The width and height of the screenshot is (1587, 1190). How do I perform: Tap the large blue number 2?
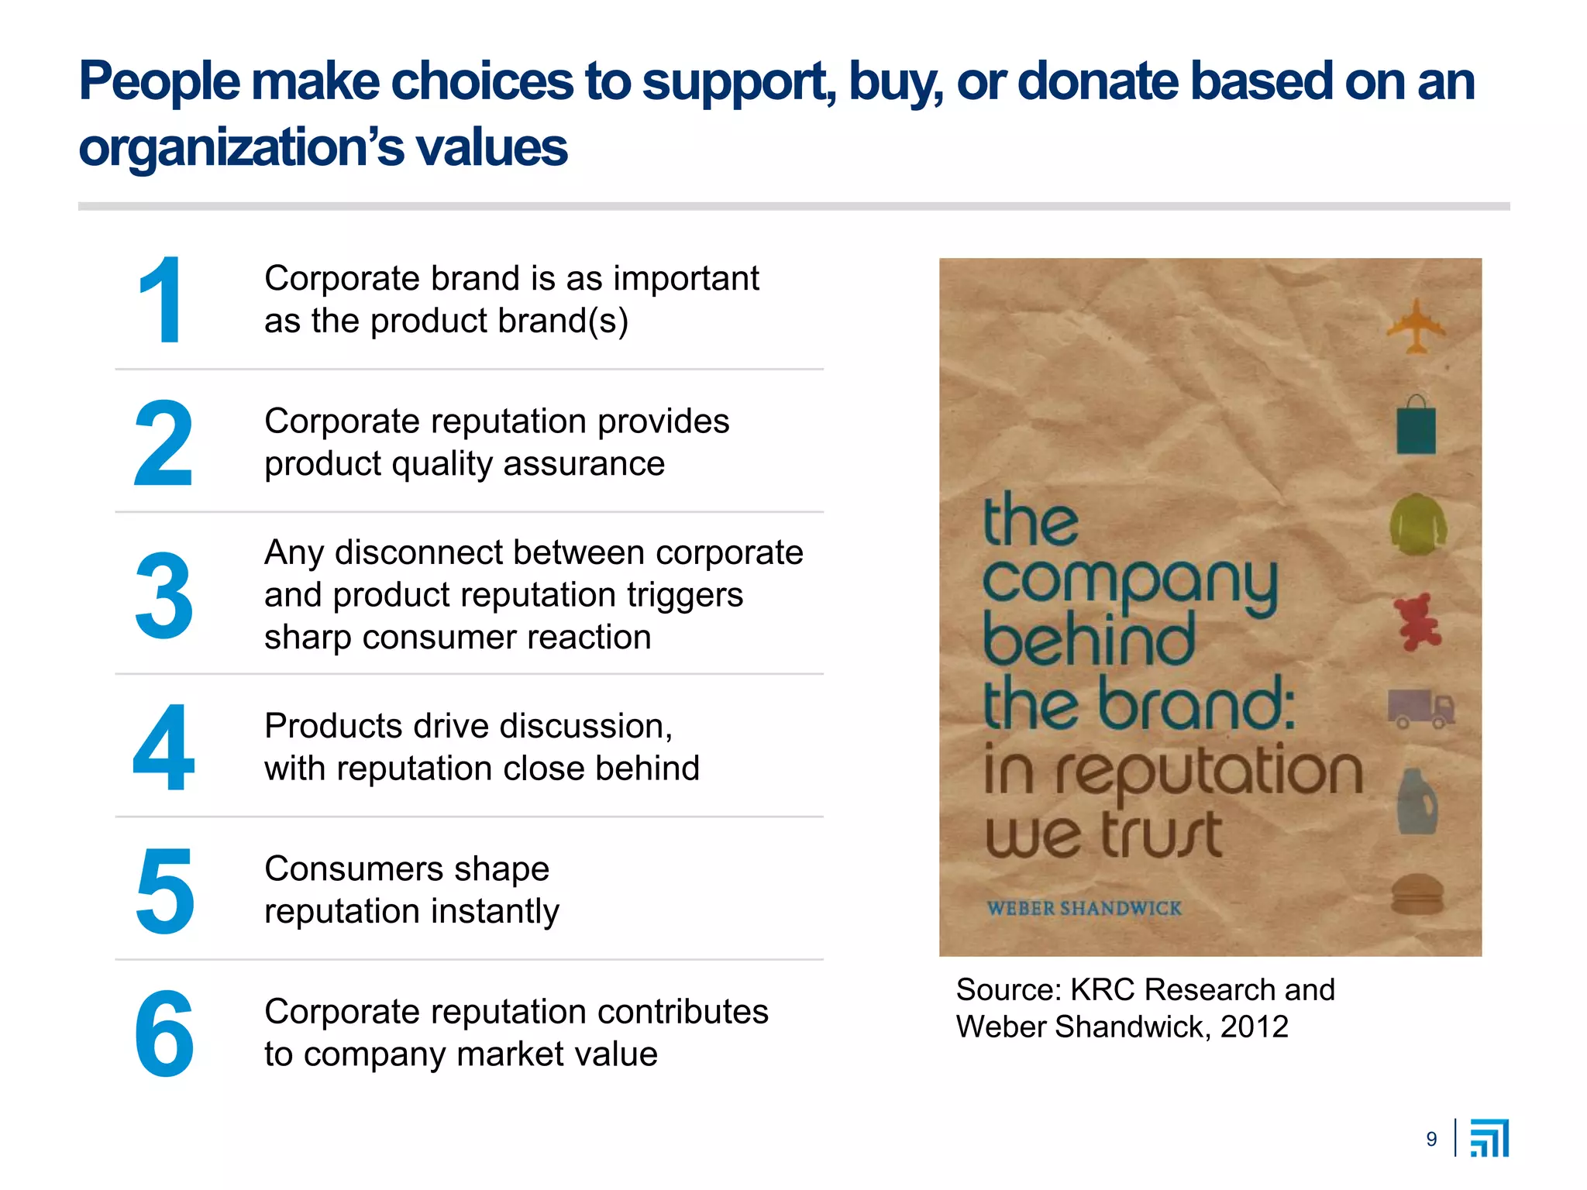163,443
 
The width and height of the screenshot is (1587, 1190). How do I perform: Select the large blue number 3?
164,595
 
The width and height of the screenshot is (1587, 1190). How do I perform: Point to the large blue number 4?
163,748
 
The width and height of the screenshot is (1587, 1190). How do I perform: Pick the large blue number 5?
164,890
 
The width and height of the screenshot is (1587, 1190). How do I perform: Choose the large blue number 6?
164,1034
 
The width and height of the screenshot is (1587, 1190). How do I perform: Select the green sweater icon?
1417,524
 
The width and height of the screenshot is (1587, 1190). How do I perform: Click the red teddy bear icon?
1417,621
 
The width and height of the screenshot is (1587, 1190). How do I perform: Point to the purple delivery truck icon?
1420,709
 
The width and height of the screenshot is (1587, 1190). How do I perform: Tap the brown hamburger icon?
1417,896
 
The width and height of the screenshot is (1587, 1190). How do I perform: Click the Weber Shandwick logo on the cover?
1084,908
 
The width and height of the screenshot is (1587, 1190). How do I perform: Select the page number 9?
1431,1139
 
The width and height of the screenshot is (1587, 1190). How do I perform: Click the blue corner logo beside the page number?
1489,1138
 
